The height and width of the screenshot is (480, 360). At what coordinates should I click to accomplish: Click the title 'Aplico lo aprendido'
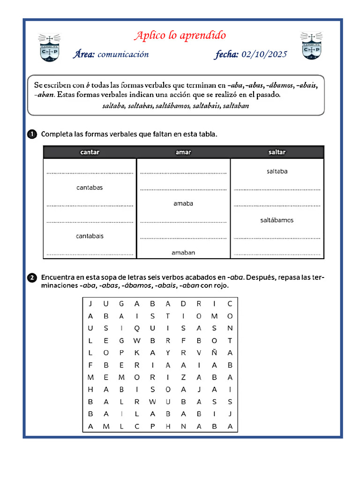180,36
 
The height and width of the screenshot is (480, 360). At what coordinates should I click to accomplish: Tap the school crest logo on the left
49,47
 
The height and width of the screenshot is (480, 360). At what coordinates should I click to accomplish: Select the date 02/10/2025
264,54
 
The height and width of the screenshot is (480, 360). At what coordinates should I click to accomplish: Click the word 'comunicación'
123,54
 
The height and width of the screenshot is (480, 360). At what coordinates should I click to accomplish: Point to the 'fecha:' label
227,54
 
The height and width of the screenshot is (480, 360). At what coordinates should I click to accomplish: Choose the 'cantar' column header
90,152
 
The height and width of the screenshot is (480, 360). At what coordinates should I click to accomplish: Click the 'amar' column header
183,152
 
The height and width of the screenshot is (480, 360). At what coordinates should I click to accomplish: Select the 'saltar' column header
277,152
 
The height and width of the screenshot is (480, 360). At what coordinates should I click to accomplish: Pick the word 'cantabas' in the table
90,187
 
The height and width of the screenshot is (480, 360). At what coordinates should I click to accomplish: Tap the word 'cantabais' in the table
90,236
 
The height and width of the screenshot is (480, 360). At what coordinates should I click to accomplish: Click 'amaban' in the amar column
183,253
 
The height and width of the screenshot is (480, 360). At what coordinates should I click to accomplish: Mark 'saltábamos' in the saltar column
277,220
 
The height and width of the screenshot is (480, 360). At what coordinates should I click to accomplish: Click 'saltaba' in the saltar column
277,172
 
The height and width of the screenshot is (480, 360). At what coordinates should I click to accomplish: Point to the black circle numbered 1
32,135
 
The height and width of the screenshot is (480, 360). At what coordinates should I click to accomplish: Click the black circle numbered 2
32,277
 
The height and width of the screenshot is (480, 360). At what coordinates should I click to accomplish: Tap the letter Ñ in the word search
214,353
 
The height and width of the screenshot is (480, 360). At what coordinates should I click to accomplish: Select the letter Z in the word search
183,377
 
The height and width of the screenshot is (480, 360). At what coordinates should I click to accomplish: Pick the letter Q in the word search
137,328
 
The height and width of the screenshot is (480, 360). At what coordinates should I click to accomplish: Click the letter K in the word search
137,353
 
